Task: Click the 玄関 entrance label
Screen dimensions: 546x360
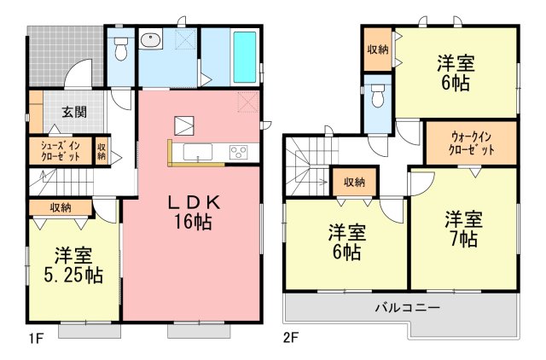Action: (74, 112)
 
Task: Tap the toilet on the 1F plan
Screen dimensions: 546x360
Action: (121, 49)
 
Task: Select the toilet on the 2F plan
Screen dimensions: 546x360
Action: (378, 96)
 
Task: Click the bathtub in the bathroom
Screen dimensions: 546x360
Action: (245, 57)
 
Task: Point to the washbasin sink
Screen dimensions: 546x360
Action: (150, 39)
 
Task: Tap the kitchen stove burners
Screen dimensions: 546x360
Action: (238, 153)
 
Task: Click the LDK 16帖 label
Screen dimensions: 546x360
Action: (194, 212)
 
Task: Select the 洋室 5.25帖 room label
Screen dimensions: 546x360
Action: (73, 265)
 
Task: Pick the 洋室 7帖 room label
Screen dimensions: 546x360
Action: (463, 229)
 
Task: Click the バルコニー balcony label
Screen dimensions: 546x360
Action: (407, 308)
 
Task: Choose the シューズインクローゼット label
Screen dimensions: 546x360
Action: (61, 151)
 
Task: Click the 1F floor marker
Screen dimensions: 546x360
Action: (37, 339)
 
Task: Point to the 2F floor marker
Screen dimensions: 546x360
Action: (291, 338)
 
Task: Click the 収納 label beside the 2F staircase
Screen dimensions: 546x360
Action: (354, 182)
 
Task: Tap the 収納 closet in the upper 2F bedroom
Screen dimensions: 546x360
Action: (378, 49)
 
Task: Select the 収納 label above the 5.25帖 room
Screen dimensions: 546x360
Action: (61, 208)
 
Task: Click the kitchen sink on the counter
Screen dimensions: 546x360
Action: (198, 152)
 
